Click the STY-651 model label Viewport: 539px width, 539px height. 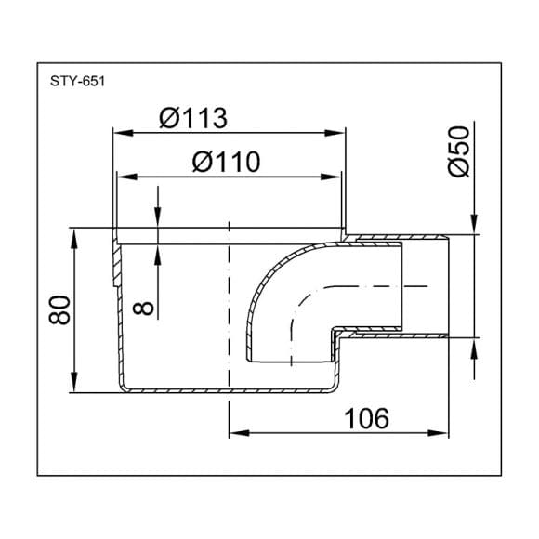(77, 82)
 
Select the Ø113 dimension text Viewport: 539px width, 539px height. (193, 118)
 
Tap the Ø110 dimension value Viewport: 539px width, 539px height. (226, 162)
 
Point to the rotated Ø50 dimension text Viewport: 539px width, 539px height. (459, 151)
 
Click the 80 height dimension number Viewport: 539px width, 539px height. (59, 309)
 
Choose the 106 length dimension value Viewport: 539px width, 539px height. (366, 418)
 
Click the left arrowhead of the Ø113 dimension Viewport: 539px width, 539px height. (123, 133)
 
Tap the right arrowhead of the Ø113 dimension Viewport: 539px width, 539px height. (335, 133)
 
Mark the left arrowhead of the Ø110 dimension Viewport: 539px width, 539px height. (127, 177)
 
